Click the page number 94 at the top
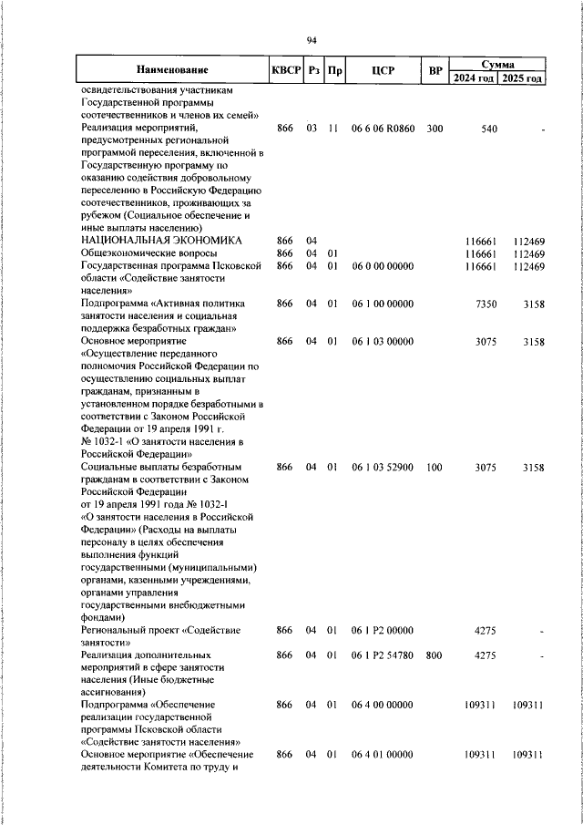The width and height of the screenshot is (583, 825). pyautogui.click(x=311, y=40)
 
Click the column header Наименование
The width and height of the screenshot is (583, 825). pyautogui.click(x=172, y=70)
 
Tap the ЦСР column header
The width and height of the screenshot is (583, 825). pyautogui.click(x=383, y=70)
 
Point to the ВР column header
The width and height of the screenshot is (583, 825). pyautogui.click(x=435, y=70)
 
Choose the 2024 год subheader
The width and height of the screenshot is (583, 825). pyautogui.click(x=474, y=78)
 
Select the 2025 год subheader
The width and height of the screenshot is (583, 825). pyautogui.click(x=522, y=78)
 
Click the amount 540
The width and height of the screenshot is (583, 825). pyautogui.click(x=489, y=129)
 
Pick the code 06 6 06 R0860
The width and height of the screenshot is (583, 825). pyautogui.click(x=383, y=129)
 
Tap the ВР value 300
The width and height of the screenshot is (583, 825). pyautogui.click(x=435, y=129)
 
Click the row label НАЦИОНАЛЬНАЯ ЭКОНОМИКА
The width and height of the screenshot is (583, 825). pyautogui.click(x=161, y=240)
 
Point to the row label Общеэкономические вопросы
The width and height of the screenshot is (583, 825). pyautogui.click(x=148, y=253)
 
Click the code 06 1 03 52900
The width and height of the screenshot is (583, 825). pyautogui.click(x=383, y=468)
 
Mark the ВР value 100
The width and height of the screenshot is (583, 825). pyautogui.click(x=435, y=468)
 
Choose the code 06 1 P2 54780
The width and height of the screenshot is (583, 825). pyautogui.click(x=383, y=655)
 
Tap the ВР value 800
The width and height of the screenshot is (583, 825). pyautogui.click(x=435, y=655)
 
